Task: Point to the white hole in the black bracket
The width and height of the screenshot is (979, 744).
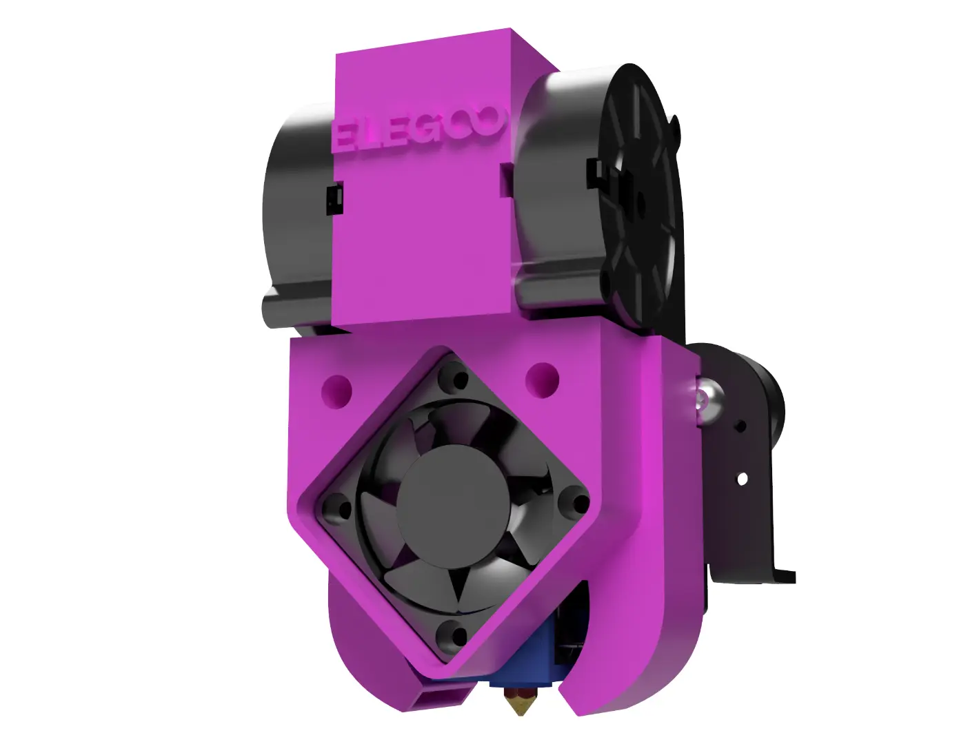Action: tap(741, 477)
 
